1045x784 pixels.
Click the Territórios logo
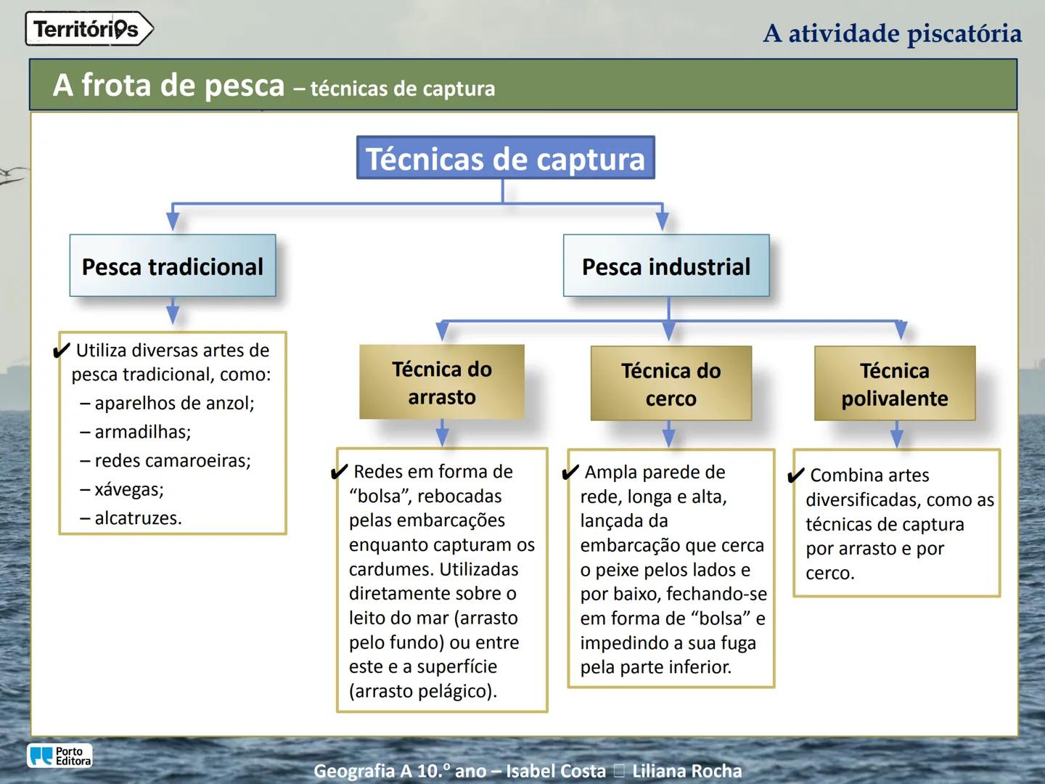tap(89, 29)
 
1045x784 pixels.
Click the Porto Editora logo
tap(60, 756)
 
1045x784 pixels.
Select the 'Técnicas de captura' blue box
tap(505, 158)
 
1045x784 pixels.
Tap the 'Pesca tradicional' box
tap(173, 266)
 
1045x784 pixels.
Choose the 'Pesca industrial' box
tap(666, 266)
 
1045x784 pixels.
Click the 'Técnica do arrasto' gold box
tap(442, 383)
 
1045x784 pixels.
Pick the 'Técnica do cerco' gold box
tap(671, 384)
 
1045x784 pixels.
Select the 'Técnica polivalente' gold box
tap(895, 384)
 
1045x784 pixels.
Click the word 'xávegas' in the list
tap(128, 489)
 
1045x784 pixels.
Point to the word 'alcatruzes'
tap(137, 518)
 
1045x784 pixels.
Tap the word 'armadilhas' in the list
tap(142, 432)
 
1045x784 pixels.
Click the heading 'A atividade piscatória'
tap(893, 33)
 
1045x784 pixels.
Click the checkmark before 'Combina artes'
tap(796, 476)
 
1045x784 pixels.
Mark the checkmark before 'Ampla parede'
tap(571, 473)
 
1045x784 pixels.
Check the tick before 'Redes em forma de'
tap(339, 473)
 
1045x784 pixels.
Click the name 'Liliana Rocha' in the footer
tap(687, 771)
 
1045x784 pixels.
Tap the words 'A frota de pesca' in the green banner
tap(168, 86)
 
